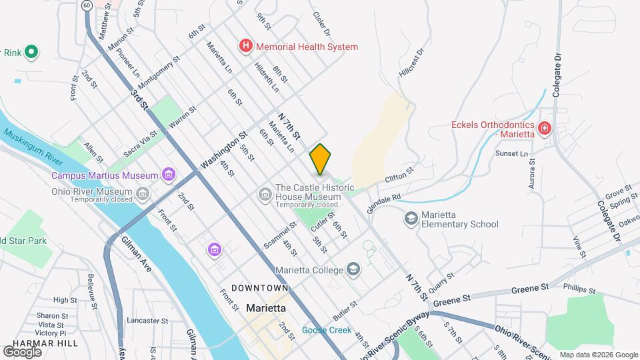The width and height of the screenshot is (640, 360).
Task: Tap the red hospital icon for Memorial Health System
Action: click(246, 47)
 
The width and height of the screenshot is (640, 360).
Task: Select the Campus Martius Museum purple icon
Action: click(169, 175)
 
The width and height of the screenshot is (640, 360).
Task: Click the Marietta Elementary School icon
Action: click(411, 219)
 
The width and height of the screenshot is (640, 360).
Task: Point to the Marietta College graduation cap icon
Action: click(353, 270)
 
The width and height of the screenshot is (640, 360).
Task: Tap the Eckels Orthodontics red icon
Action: click(545, 127)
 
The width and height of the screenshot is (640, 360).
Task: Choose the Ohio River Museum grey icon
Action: click(143, 195)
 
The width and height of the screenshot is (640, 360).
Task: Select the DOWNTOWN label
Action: click(259, 288)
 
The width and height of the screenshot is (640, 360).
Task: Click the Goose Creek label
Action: click(326, 330)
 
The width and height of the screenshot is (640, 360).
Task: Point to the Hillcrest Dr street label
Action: click(411, 65)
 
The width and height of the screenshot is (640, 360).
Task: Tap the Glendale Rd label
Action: click(387, 198)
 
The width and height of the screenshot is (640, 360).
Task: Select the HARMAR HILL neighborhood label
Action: click(41, 343)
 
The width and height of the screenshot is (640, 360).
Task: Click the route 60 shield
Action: click(87, 5)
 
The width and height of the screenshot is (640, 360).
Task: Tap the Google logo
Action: click(22, 351)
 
